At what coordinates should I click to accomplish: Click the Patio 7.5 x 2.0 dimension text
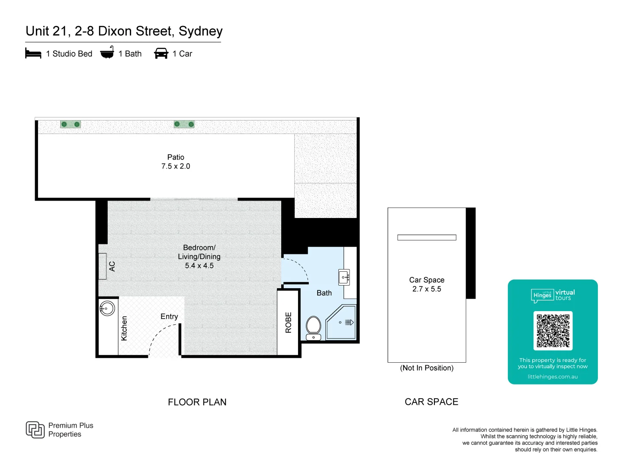(x=176, y=166)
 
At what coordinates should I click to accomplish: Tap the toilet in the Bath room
(x=313, y=328)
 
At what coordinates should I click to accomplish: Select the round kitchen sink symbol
(x=107, y=308)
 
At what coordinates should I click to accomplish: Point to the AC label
(x=112, y=266)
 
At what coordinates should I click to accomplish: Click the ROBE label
(x=289, y=322)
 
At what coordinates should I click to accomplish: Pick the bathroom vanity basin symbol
(x=344, y=277)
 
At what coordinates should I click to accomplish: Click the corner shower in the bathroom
(x=341, y=322)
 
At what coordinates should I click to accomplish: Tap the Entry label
(x=169, y=316)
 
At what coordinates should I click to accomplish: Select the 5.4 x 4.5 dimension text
(x=199, y=266)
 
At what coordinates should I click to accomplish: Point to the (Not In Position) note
(x=427, y=368)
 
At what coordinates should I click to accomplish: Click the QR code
(x=553, y=331)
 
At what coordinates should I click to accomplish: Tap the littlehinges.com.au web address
(x=552, y=377)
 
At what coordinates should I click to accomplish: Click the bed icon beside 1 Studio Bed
(x=33, y=53)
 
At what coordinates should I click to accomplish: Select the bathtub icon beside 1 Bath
(x=107, y=52)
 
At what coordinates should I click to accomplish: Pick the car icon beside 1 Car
(x=161, y=53)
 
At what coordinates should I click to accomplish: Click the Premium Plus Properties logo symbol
(x=35, y=429)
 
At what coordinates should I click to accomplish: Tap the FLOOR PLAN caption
(x=197, y=402)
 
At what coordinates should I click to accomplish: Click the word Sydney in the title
(x=201, y=31)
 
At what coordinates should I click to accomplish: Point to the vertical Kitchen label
(x=124, y=328)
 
